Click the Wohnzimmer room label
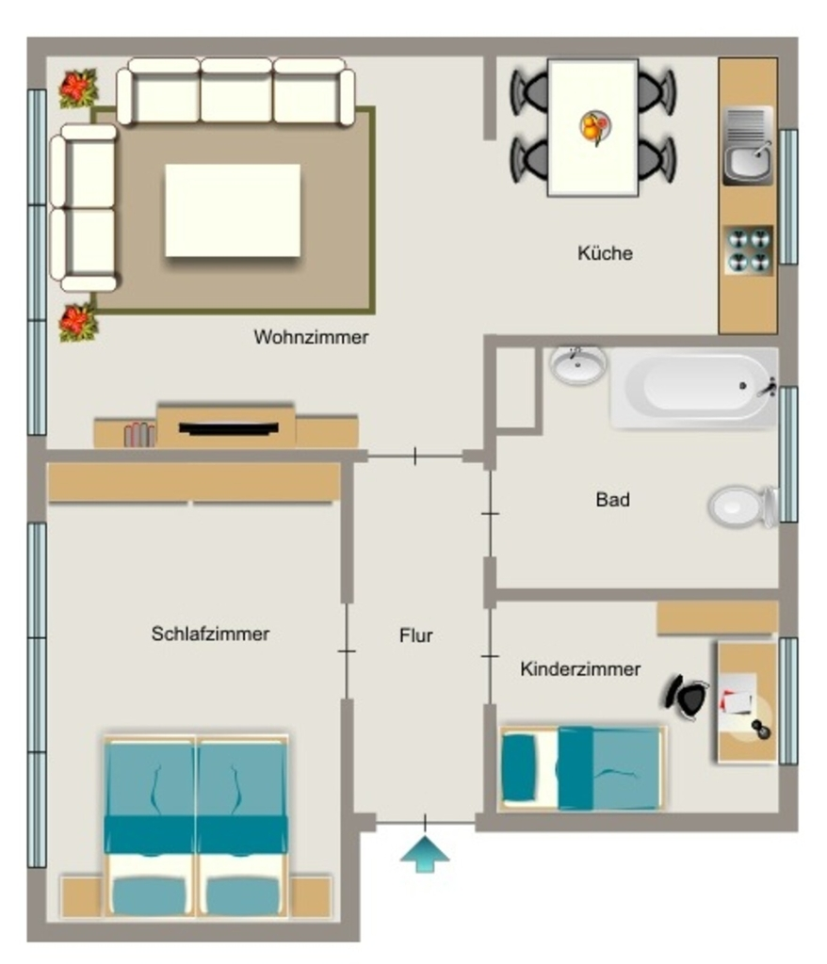[x=311, y=337]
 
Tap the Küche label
[x=605, y=252]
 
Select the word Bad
[x=612, y=499]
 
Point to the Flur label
[x=416, y=635]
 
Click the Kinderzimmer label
[x=580, y=669]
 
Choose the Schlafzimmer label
[x=210, y=634]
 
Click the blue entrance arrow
[x=425, y=853]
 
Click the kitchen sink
[x=748, y=146]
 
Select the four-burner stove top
[x=749, y=250]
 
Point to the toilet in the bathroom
[x=743, y=506]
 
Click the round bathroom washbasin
[x=577, y=365]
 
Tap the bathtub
[x=694, y=387]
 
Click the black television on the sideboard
[x=228, y=428]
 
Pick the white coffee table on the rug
[x=233, y=210]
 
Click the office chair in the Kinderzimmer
[x=686, y=697]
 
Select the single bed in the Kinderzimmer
[x=582, y=768]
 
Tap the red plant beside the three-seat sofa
[x=78, y=88]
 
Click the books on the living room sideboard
[x=139, y=435]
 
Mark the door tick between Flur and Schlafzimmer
[x=347, y=651]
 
